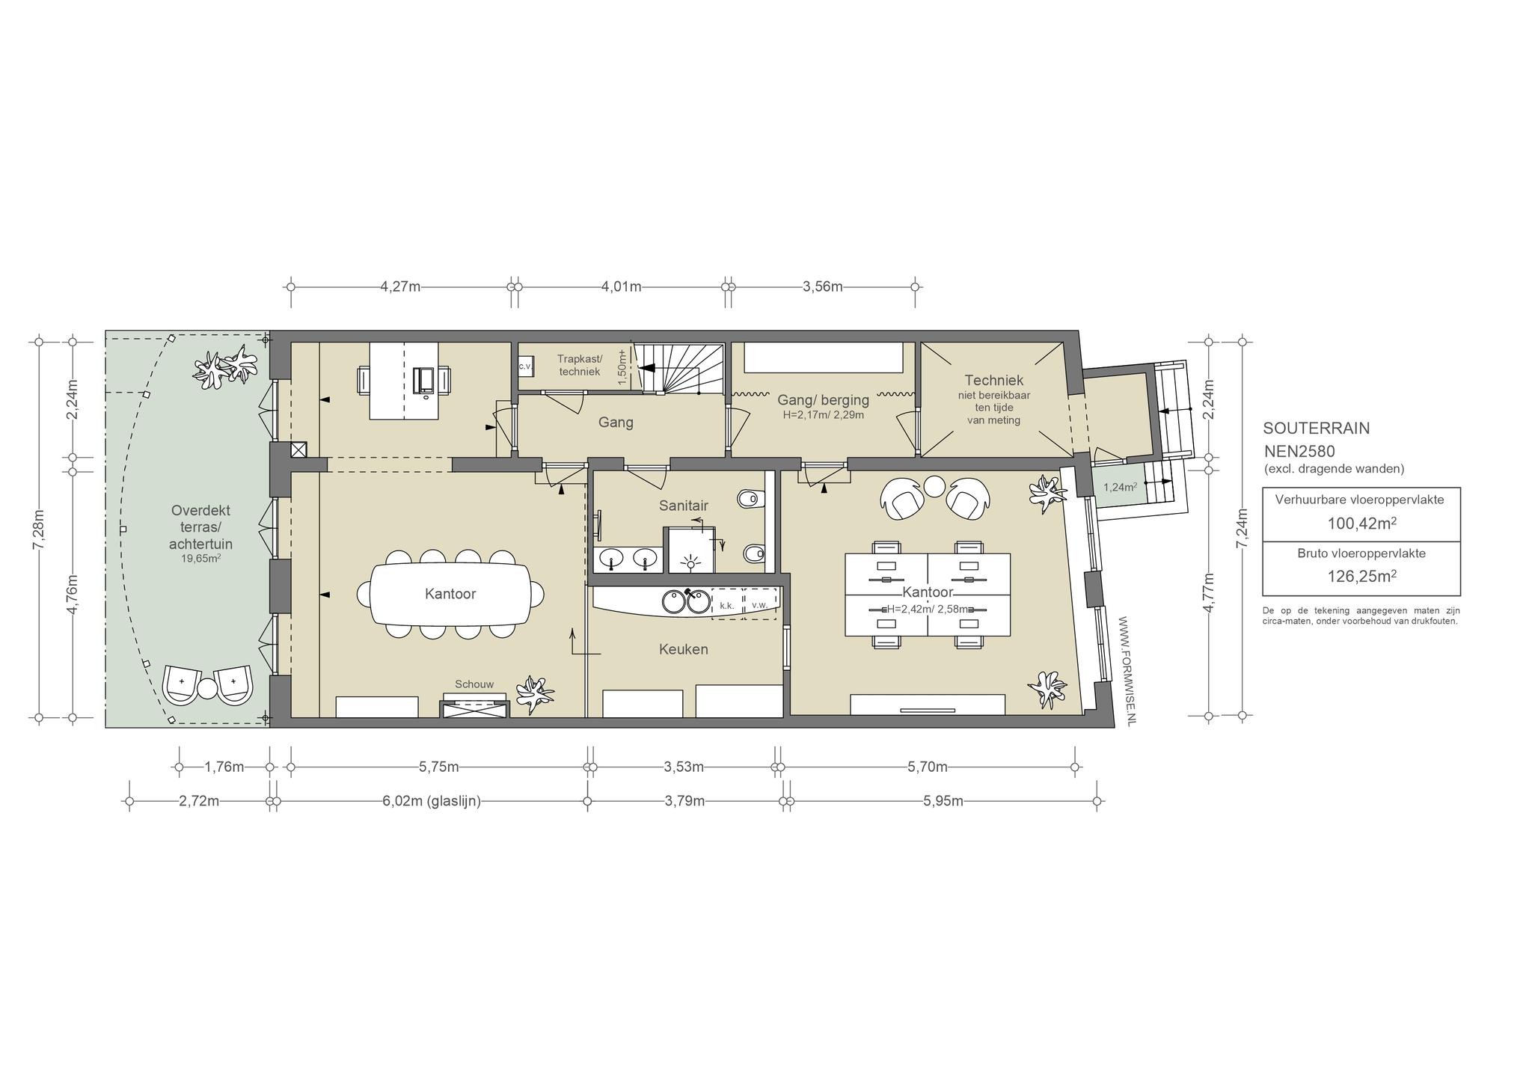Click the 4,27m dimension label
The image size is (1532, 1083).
(400, 286)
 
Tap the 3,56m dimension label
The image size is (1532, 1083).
(822, 286)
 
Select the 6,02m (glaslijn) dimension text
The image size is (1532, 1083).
(432, 801)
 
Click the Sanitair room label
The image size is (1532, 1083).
(683, 506)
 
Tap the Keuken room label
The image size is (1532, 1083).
(683, 649)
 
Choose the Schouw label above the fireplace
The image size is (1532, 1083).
(474, 684)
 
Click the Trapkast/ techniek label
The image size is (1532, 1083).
(579, 365)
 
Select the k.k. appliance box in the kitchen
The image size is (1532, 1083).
(726, 604)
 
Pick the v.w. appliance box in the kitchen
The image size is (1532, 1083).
(760, 604)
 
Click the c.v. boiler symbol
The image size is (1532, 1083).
(525, 366)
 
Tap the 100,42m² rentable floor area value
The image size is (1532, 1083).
(1361, 524)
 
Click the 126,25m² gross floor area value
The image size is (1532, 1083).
(1361, 577)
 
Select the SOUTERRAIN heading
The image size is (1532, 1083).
(1317, 429)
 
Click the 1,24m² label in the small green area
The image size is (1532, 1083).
(1120, 488)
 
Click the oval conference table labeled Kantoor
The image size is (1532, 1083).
(450, 594)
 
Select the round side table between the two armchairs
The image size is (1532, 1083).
(935, 487)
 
